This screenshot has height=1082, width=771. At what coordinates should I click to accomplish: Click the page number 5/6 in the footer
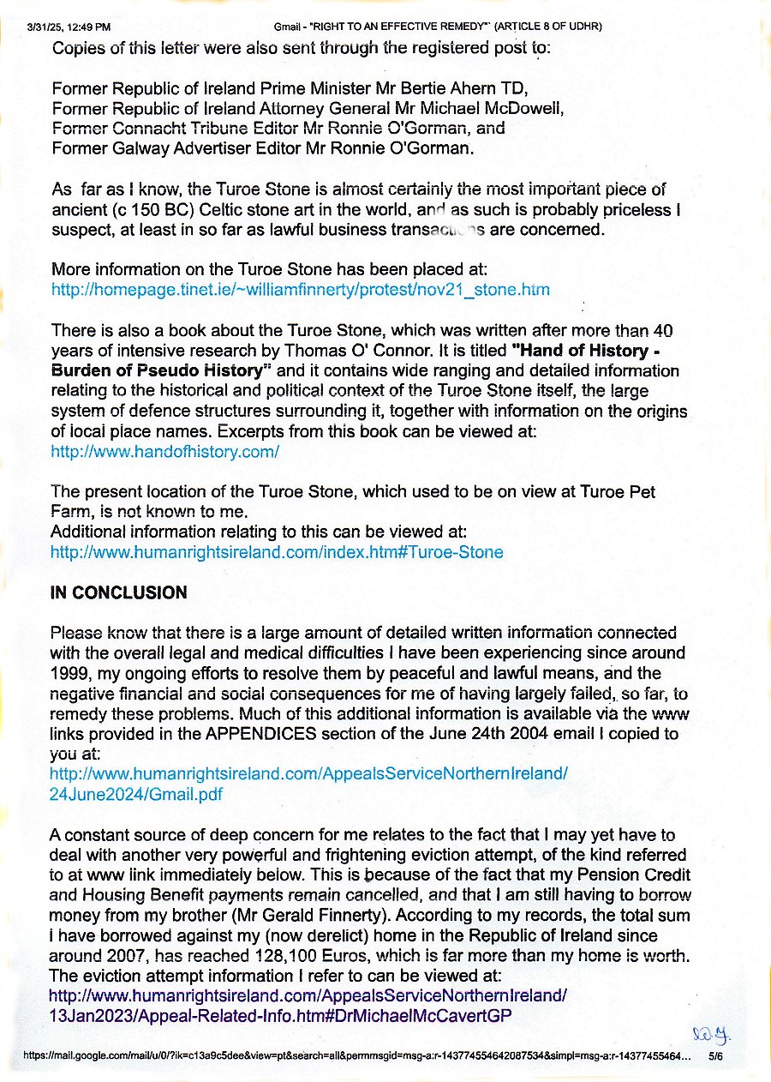point(715,1059)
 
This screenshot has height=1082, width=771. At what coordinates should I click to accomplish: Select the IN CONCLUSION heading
point(119,593)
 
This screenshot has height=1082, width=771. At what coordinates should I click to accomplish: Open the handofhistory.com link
point(165,451)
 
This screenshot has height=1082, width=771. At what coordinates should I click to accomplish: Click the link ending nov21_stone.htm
point(301,290)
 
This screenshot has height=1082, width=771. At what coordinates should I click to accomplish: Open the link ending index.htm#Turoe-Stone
point(277,552)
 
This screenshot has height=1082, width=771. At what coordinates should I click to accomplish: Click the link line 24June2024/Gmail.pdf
point(137,794)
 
